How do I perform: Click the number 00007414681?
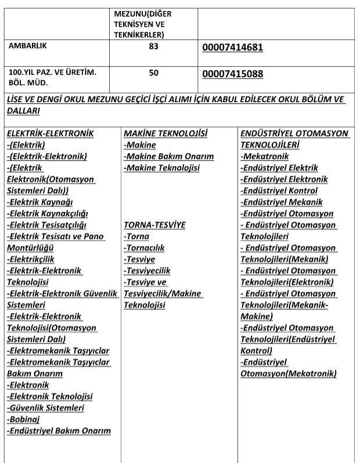pyautogui.click(x=233, y=48)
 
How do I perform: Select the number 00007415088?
pyautogui.click(x=233, y=74)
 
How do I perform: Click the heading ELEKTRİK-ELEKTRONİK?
pyautogui.click(x=50, y=134)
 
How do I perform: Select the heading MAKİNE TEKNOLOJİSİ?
pyautogui.click(x=165, y=134)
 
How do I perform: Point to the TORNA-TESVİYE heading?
pyautogui.click(x=154, y=225)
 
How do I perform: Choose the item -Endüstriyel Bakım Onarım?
pyautogui.click(x=59, y=431)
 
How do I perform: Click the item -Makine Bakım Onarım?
pyautogui.click(x=168, y=157)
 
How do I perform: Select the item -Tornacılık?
pyautogui.click(x=144, y=248)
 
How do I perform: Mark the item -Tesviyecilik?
pyautogui.click(x=147, y=271)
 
